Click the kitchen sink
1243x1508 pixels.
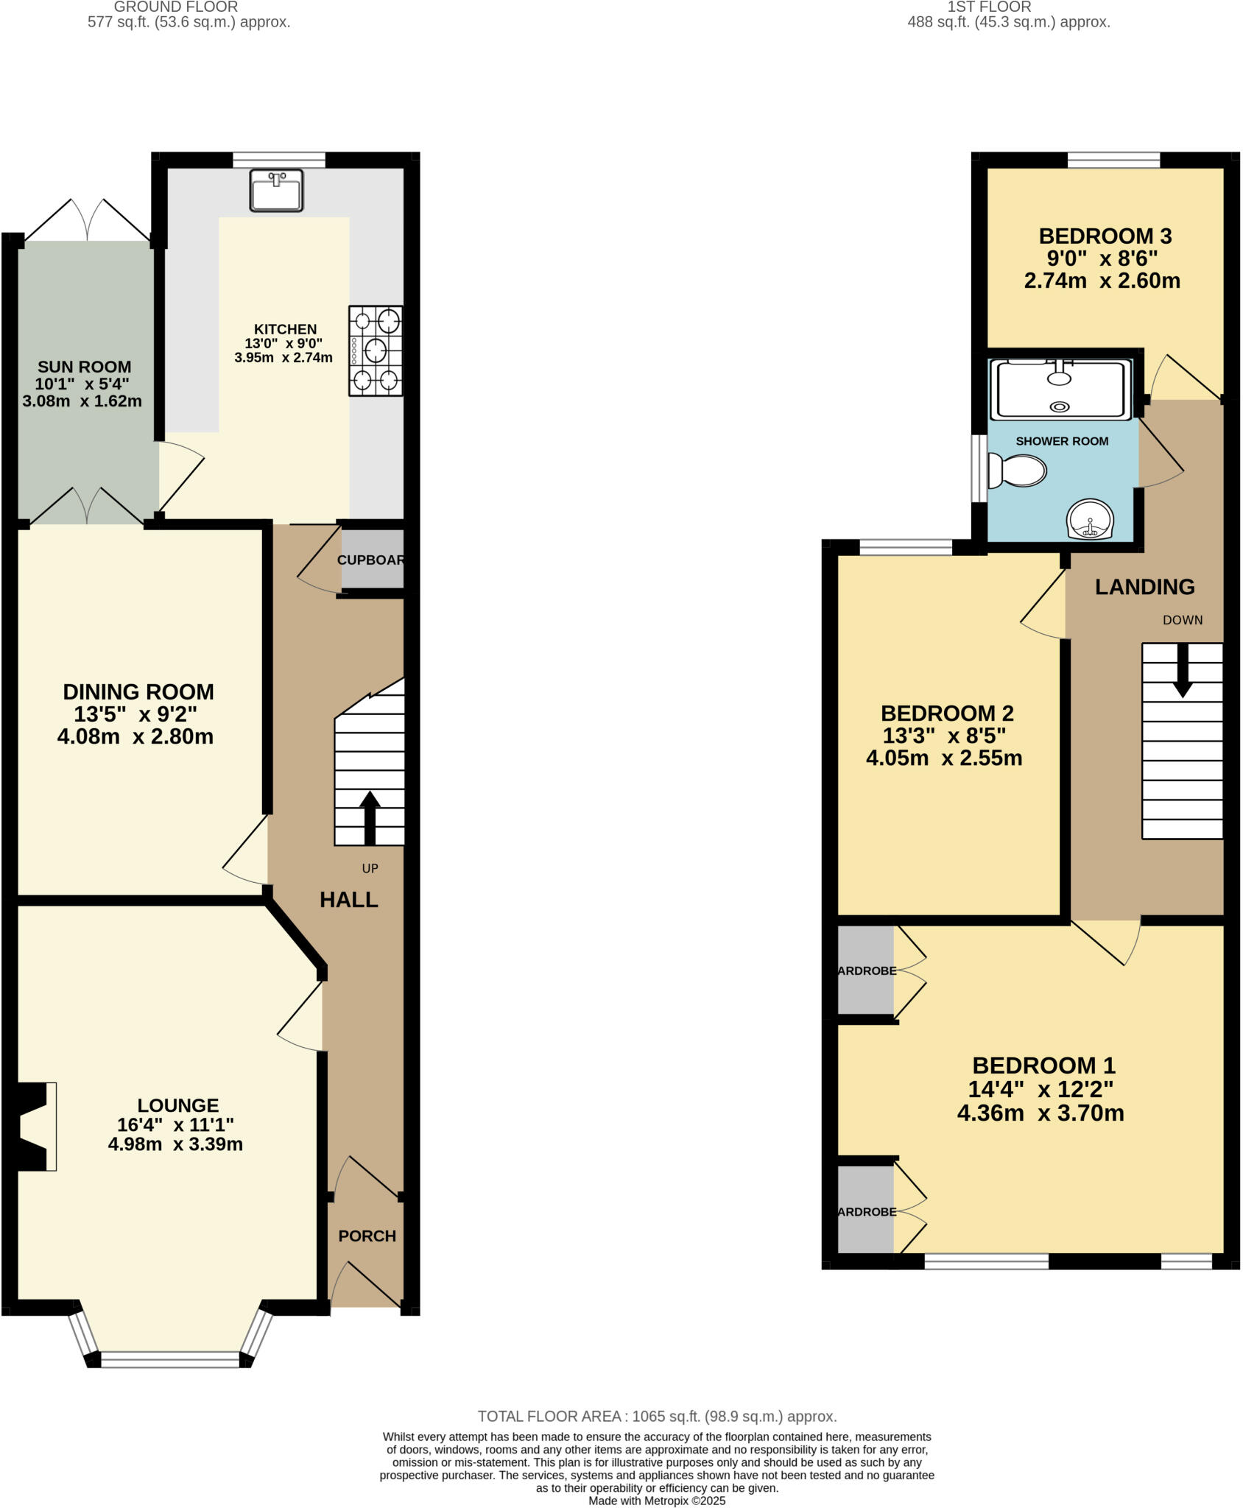(276, 190)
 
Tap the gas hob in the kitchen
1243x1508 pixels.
(376, 351)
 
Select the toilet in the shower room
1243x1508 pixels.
(1018, 471)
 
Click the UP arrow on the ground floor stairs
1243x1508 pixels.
(369, 817)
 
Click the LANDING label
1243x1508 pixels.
(1144, 587)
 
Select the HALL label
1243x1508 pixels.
(349, 900)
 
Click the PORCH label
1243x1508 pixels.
(367, 1236)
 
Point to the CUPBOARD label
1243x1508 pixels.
(372, 560)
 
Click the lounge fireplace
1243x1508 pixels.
(35, 1127)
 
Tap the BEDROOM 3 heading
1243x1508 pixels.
(1105, 236)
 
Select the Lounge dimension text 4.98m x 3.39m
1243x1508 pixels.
(175, 1144)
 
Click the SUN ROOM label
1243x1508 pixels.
(85, 367)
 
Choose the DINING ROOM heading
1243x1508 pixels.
(138, 692)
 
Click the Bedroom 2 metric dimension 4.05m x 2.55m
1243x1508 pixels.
(944, 758)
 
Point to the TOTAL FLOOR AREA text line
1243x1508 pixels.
(657, 1417)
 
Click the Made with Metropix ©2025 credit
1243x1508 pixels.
(657, 1501)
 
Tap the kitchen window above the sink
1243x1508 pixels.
(278, 160)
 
